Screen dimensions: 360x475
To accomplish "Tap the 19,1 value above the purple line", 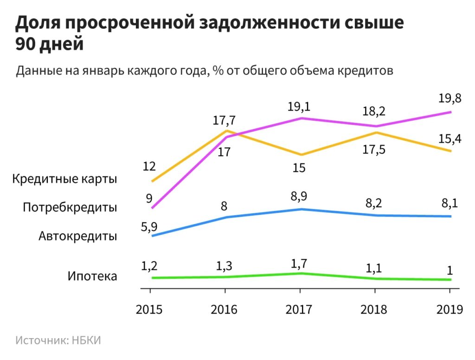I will coord(299,107).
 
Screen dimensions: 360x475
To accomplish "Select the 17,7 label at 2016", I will coord(225,121).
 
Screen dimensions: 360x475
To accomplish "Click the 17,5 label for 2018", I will coord(374,150).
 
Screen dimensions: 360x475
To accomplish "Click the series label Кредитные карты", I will coord(65,179).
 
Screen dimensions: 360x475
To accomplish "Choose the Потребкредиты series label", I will coord(70,207).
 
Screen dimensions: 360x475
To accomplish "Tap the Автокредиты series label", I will coord(78,236).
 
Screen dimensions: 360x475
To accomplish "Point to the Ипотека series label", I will coord(92,276).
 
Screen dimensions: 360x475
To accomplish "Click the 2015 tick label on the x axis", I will coord(149,309).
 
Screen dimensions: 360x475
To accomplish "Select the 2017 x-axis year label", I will coord(299,309).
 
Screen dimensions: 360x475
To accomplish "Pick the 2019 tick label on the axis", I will coord(449,309).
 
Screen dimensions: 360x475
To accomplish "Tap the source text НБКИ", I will coord(86,340).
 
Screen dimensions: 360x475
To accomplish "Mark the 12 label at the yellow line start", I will coord(149,166).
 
